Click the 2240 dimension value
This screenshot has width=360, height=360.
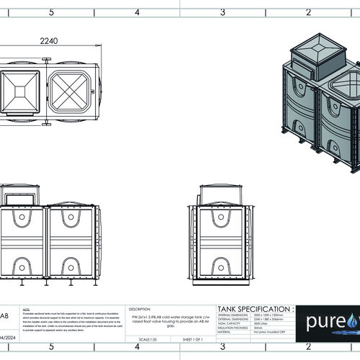50,42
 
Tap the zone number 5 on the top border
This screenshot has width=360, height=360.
50,12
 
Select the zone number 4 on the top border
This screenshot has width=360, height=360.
136,12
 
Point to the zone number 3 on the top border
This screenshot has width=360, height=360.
222,12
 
